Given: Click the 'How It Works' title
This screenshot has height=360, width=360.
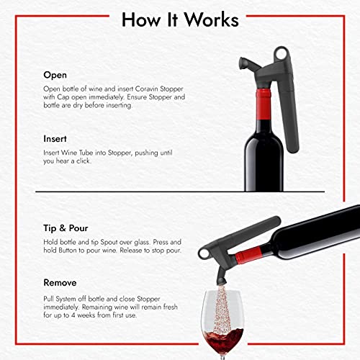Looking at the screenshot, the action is click(180, 19).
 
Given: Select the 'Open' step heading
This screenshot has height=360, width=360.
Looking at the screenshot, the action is click(55, 76).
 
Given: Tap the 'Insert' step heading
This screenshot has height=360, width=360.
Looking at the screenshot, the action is click(55, 139).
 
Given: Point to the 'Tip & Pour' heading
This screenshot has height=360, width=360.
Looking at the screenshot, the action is click(66, 228).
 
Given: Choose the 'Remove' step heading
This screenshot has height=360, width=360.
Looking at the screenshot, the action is click(60, 283).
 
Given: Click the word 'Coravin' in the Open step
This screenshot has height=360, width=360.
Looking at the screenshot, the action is click(146, 89).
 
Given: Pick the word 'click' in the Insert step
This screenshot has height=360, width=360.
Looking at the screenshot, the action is click(84, 161).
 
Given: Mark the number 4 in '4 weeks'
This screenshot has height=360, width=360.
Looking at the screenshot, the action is click(73, 315).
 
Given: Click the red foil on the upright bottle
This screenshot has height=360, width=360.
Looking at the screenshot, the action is click(264, 104).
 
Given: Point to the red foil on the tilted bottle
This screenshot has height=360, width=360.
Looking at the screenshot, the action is click(248, 256).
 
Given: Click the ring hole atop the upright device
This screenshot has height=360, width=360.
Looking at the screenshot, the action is click(281, 54).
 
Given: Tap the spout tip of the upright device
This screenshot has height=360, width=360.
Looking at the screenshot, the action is click(243, 63).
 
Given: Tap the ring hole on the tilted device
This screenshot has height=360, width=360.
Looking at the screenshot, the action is click(204, 253).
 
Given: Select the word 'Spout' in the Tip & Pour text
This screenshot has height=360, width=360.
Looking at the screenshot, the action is click(109, 242).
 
